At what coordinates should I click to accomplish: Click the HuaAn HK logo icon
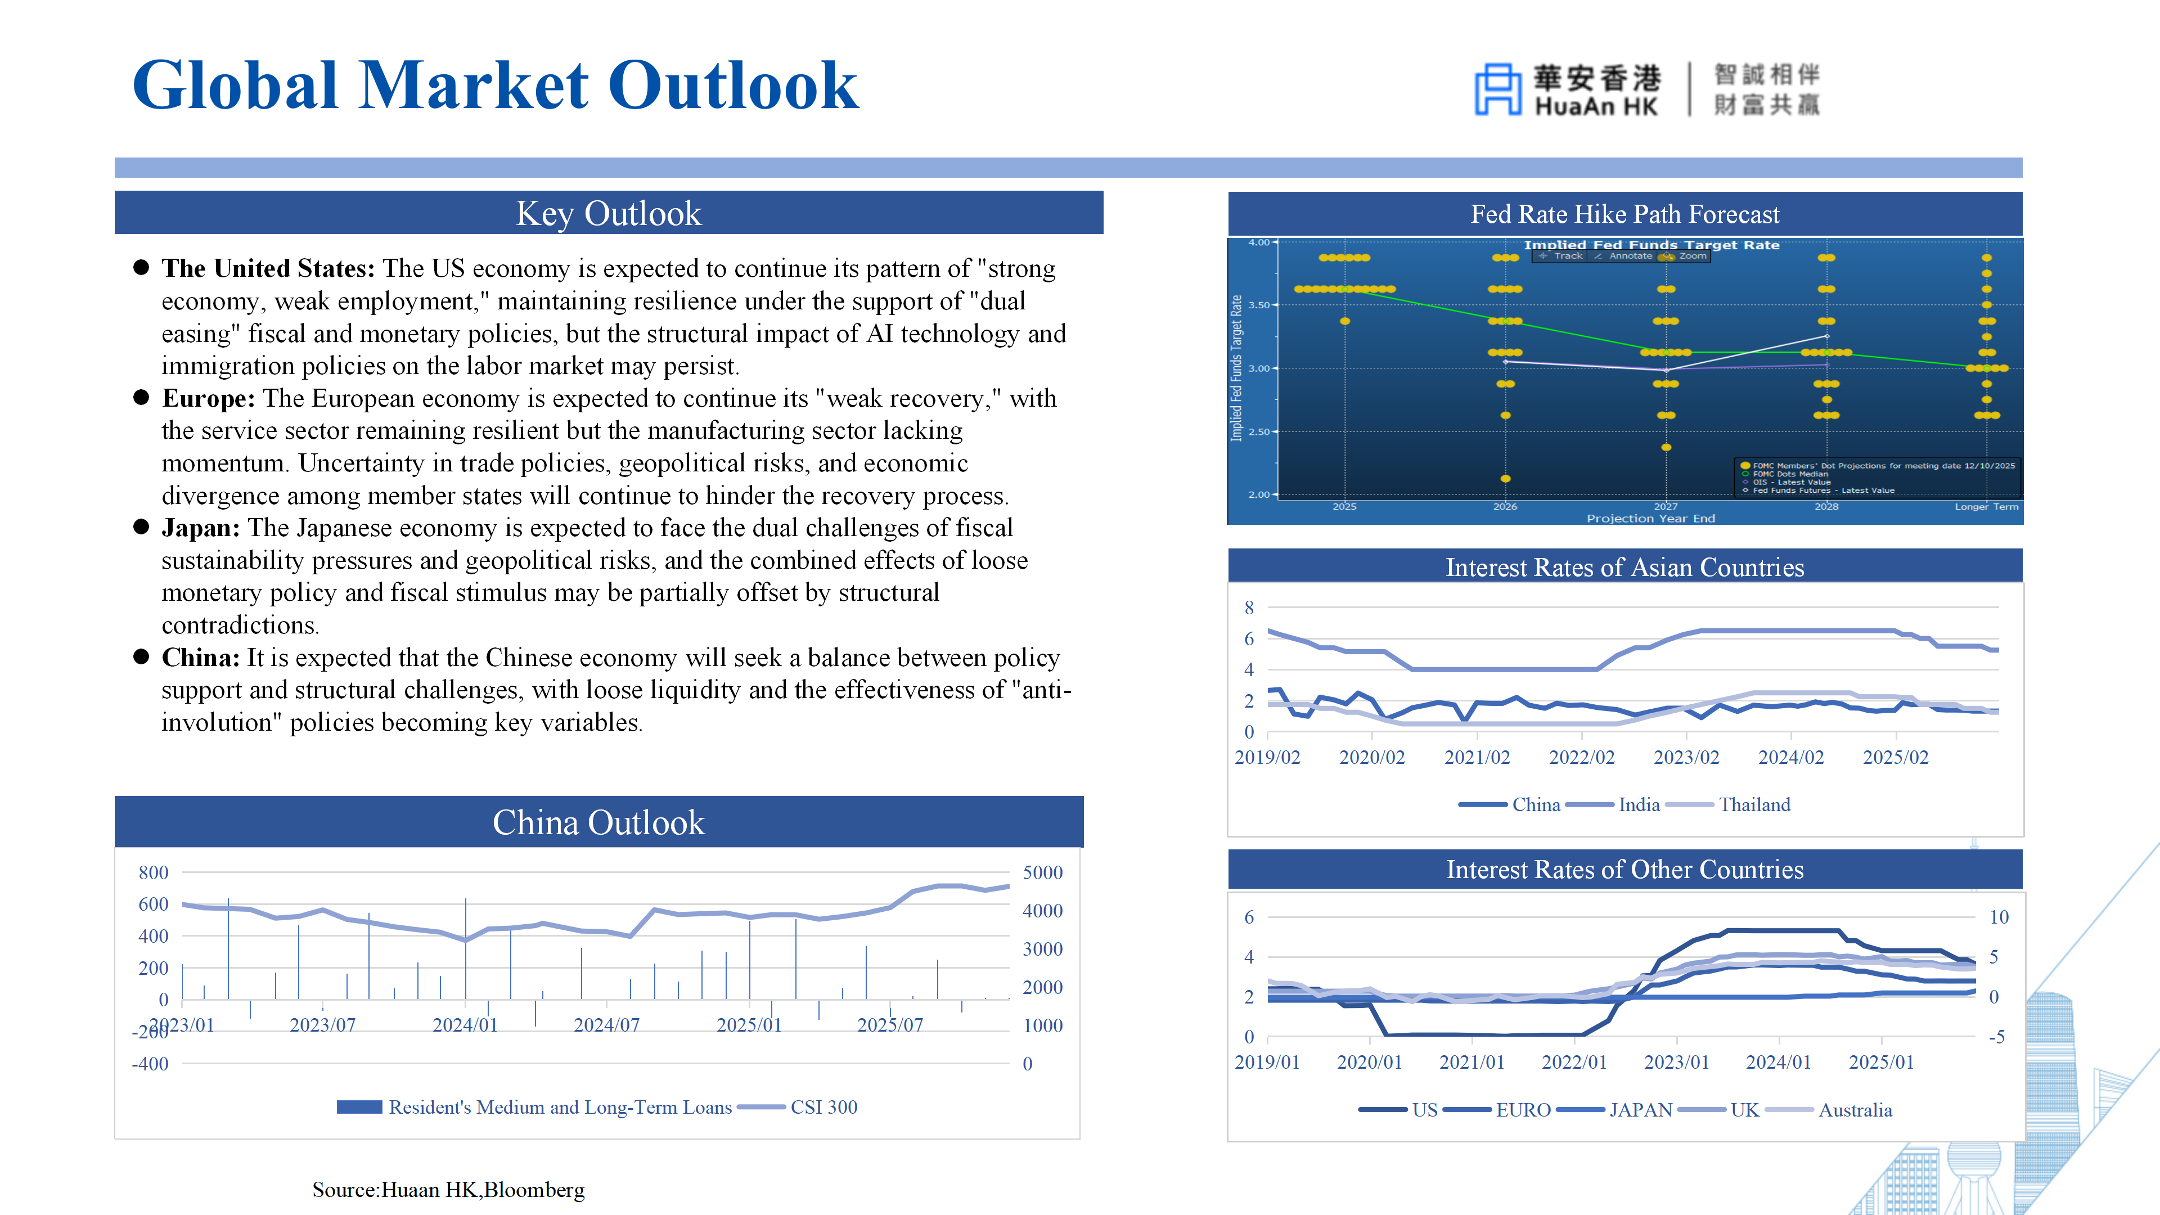pos(1497,88)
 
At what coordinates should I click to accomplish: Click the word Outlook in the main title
pos(733,85)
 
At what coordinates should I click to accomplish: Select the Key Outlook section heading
pos(608,213)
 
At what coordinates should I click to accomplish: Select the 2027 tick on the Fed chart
pos(1665,506)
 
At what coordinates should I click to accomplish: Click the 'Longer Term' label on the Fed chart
pos(1986,506)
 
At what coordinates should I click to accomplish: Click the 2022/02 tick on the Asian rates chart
pos(1581,757)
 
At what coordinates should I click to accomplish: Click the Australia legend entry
pos(1855,1110)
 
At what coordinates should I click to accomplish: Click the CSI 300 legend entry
pos(823,1107)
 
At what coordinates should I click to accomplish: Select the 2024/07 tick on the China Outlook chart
pos(606,1025)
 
